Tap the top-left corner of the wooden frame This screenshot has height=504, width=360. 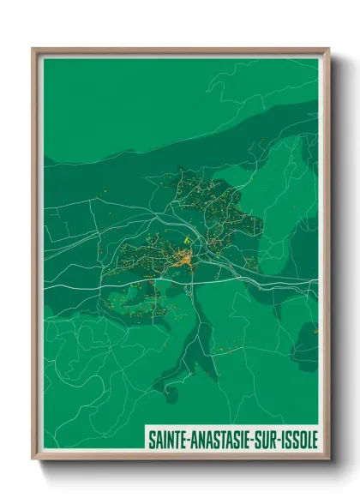point(33,49)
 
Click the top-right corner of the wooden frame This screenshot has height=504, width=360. point(328,49)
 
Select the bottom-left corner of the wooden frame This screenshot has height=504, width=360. point(33,459)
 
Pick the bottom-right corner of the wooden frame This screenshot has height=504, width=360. point(328,459)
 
